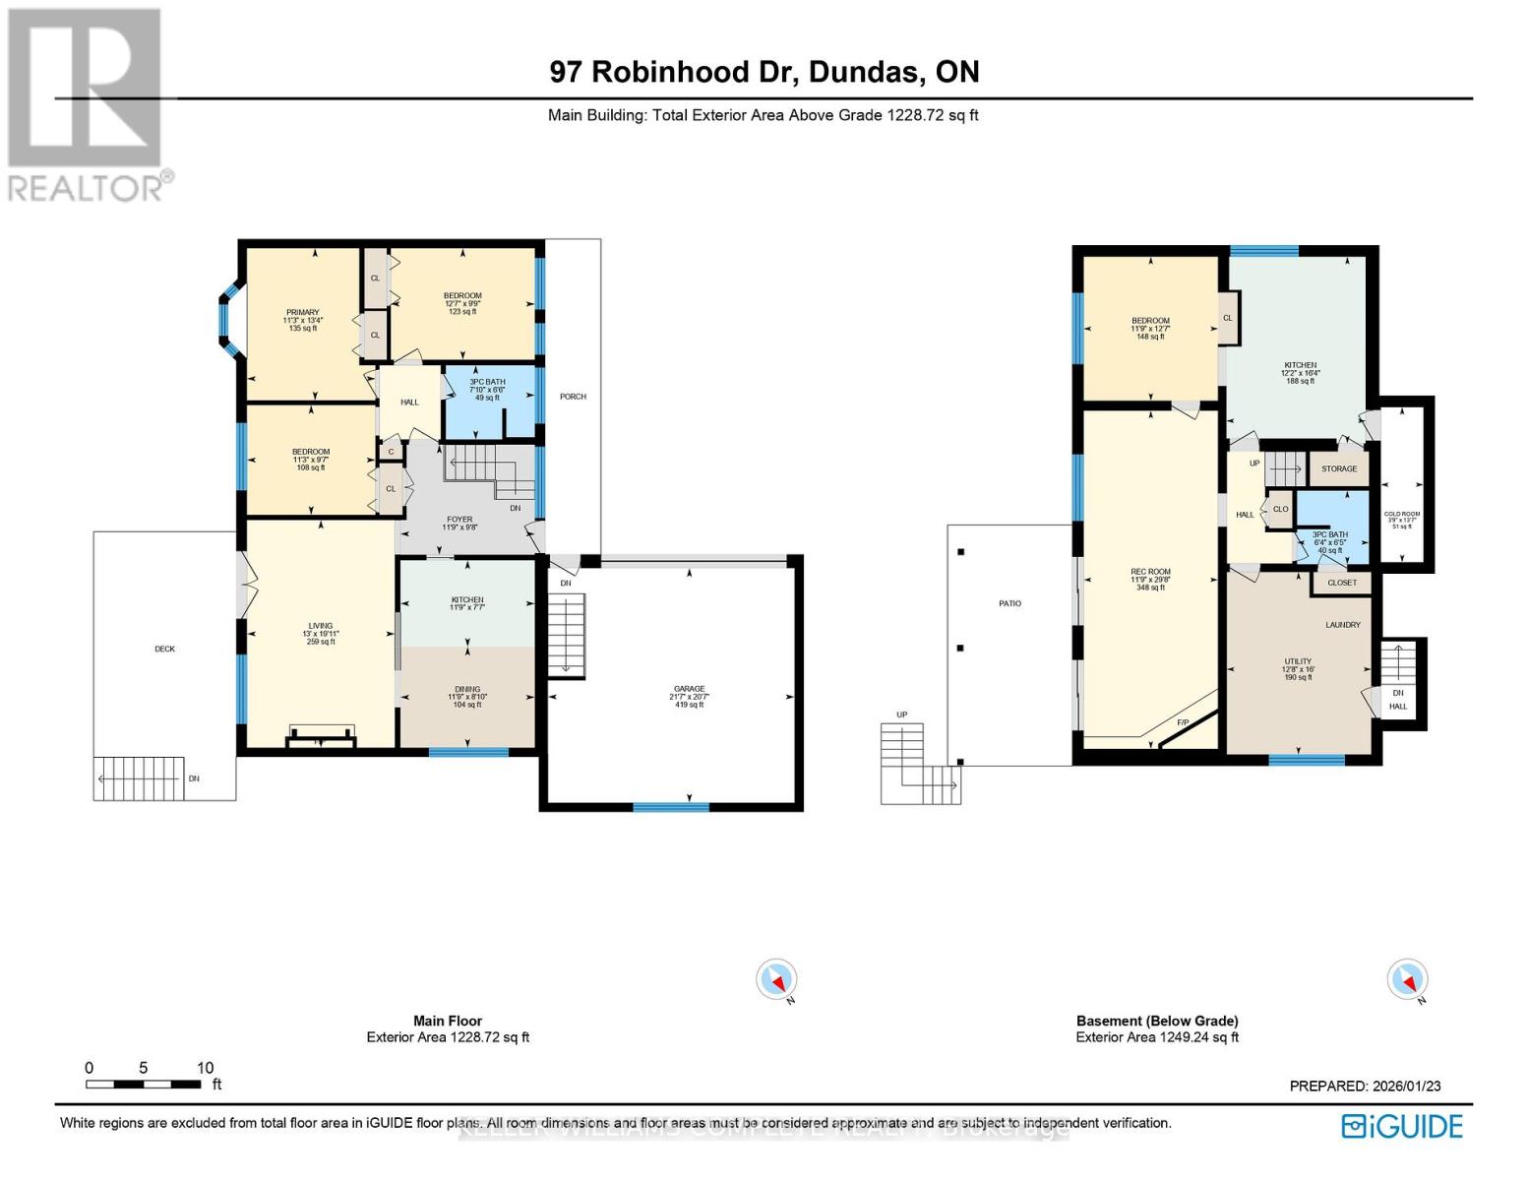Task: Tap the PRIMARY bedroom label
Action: pos(303,313)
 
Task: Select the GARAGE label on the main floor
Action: pos(689,690)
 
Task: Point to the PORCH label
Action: pos(573,397)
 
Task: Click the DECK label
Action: pos(164,649)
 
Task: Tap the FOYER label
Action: pos(459,520)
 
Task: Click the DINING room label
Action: pos(467,690)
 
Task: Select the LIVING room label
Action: pos(320,626)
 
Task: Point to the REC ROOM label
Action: pos(1150,572)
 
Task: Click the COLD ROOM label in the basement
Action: pos(1402,514)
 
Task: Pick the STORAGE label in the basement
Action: pos(1339,468)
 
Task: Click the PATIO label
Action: pos(1009,603)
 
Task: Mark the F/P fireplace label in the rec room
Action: pos(1184,723)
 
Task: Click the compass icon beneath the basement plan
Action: pos(1407,980)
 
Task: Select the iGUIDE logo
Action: pos(1403,1126)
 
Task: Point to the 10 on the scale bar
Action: pos(205,1068)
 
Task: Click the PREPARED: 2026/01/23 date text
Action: pos(1365,1086)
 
